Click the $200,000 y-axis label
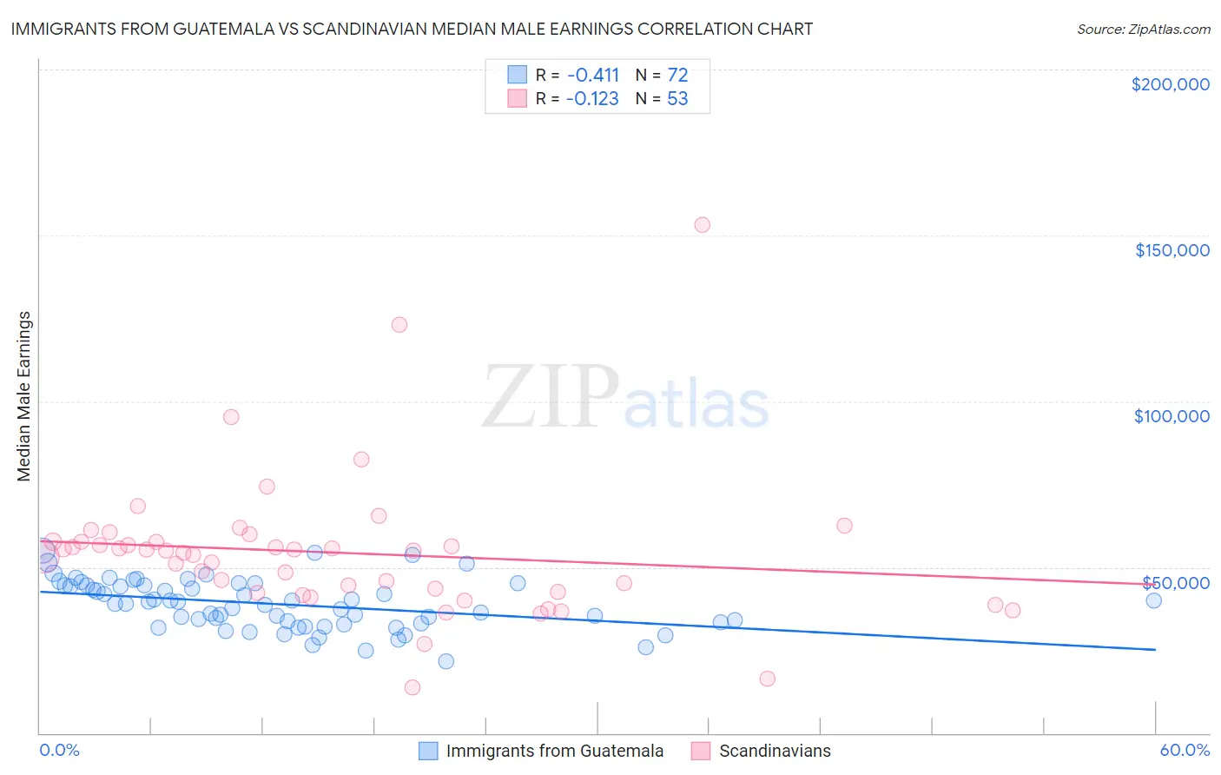pos(1170,84)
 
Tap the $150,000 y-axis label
pos(1171,250)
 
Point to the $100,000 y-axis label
pos(1171,416)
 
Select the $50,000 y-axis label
pos(1176,582)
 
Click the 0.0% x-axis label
pos(59,750)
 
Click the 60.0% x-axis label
pos(1185,750)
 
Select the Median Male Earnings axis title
pos(24,396)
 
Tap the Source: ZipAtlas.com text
pos(1143,29)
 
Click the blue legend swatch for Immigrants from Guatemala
pos(428,751)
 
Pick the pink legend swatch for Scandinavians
pos(701,751)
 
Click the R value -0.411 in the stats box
pos(593,75)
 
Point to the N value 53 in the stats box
pos(677,99)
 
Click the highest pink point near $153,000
pos(702,225)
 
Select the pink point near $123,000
pos(399,325)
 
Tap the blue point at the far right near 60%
pos(1153,600)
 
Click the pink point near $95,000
pos(231,417)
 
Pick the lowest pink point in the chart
pos(412,687)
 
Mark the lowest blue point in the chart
pos(446,661)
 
